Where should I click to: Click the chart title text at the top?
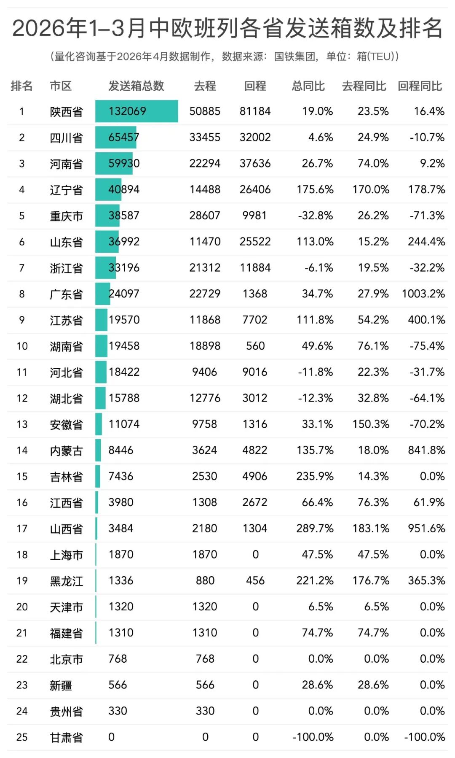pos(227,29)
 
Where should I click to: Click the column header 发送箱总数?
pos(136,86)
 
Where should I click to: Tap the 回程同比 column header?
pos(420,86)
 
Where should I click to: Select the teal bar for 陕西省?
pos(136,111)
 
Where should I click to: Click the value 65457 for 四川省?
pos(123,138)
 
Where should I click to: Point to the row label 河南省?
pos(66,164)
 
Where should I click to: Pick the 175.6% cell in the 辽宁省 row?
pos(315,189)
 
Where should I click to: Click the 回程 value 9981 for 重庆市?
pos(254,216)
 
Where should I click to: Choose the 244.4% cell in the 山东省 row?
pos(426,242)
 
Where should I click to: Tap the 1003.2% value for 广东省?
pos(423,294)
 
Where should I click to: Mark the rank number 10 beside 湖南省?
pos(22,346)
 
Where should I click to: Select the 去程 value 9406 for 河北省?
pos(204,372)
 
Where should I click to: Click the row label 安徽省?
pos(66,424)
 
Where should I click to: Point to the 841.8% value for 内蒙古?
pos(426,450)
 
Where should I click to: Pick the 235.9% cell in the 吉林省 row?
pos(315,476)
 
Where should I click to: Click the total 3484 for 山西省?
pos(121,529)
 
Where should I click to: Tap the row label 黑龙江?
pos(66,581)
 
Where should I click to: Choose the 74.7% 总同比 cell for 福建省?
pos(317,633)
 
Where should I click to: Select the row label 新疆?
pos(61,685)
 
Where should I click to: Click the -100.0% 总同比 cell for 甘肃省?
pos(313,737)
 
